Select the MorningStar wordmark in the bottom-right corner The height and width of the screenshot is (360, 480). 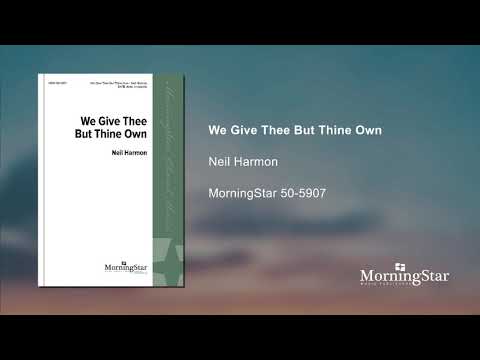click(x=404, y=276)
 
